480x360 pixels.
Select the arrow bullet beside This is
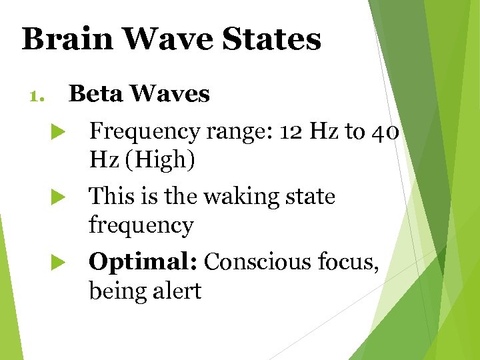pyautogui.click(x=57, y=197)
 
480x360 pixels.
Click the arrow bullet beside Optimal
pyautogui.click(x=57, y=263)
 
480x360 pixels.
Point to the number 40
pyautogui.click(x=385, y=132)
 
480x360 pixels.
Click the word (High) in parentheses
pyautogui.click(x=158, y=161)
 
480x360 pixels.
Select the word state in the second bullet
pyautogui.click(x=311, y=197)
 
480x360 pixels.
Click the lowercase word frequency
pyautogui.click(x=141, y=225)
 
